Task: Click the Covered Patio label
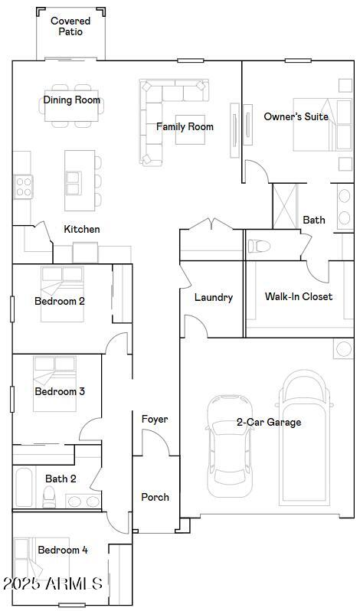(x=70, y=26)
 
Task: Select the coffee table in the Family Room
(x=190, y=129)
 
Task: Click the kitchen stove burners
(x=24, y=187)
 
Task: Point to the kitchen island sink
(x=74, y=183)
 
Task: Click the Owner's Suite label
(x=296, y=116)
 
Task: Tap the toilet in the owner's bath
(x=259, y=246)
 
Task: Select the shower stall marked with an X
(x=285, y=206)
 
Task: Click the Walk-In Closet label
(x=299, y=296)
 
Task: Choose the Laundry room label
(x=214, y=298)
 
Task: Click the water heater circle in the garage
(x=344, y=348)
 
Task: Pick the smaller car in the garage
(x=229, y=446)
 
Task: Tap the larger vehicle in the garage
(x=304, y=437)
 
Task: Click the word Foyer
(x=155, y=420)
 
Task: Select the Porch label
(x=155, y=497)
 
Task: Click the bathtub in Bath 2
(x=25, y=487)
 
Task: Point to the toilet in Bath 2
(x=49, y=497)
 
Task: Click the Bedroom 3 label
(x=60, y=391)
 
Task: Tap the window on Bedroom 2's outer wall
(x=12, y=309)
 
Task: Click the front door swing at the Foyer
(x=155, y=443)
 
